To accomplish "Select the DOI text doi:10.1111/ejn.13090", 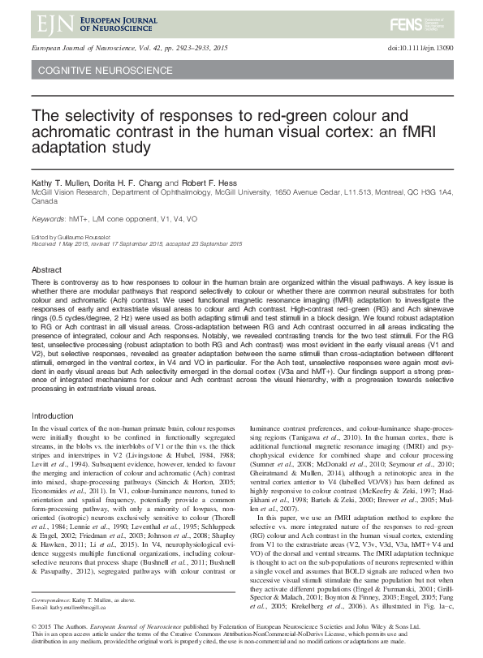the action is click(418, 49).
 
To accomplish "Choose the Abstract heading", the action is click(46, 269).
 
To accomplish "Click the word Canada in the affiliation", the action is click(45, 201).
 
